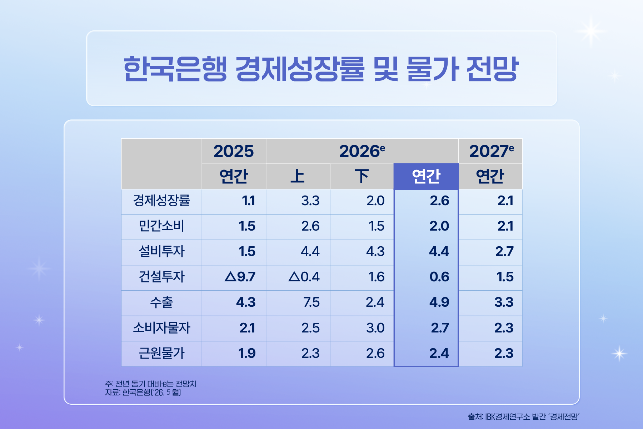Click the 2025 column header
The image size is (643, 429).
[234, 151]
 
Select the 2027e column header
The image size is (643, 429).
[492, 151]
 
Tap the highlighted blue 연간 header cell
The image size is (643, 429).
[426, 176]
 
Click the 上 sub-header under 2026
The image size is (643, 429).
[298, 176]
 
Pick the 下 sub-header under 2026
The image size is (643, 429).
[362, 176]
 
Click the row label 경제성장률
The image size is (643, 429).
[161, 201]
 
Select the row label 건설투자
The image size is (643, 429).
[161, 277]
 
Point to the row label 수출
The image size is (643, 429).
[161, 302]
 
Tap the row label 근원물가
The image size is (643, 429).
[161, 353]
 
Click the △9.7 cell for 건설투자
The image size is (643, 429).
[240, 277]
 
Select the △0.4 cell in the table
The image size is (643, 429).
[304, 277]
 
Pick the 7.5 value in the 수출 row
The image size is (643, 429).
[311, 302]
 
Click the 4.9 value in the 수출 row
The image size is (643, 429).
[439, 302]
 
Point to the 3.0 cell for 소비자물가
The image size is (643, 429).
[375, 328]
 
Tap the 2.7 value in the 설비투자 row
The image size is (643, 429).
[504, 251]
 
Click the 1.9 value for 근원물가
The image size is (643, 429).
[247, 353]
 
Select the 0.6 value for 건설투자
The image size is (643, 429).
[439, 277]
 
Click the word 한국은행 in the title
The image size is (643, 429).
[175, 69]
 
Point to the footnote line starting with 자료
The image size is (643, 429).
[143, 393]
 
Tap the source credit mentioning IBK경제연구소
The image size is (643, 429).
[523, 416]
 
